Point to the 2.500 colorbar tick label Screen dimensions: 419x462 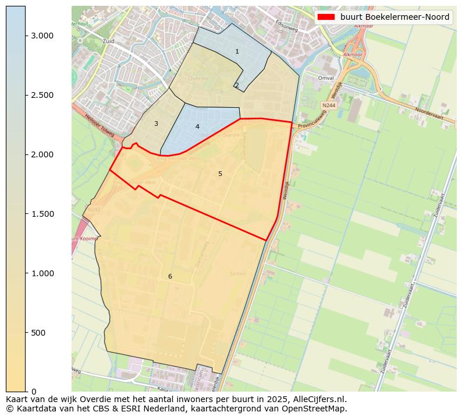pyautogui.click(x=42, y=95)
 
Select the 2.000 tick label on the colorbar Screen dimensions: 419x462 pyautogui.click(x=42, y=154)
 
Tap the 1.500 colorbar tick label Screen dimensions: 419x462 pyautogui.click(x=42, y=214)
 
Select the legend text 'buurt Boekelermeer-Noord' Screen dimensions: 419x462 pyautogui.click(x=395, y=17)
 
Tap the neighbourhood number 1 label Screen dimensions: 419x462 pyautogui.click(x=237, y=52)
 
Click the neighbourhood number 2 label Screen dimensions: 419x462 pyautogui.click(x=237, y=86)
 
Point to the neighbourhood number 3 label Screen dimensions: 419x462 pyautogui.click(x=156, y=124)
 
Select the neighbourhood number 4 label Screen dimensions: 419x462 pyautogui.click(x=197, y=126)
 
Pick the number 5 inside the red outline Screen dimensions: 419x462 pyautogui.click(x=220, y=174)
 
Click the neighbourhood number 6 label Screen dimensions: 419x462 pyautogui.click(x=170, y=276)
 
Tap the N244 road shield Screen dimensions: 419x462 pyautogui.click(x=328, y=105)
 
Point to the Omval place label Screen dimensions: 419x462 pyautogui.click(x=326, y=78)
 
